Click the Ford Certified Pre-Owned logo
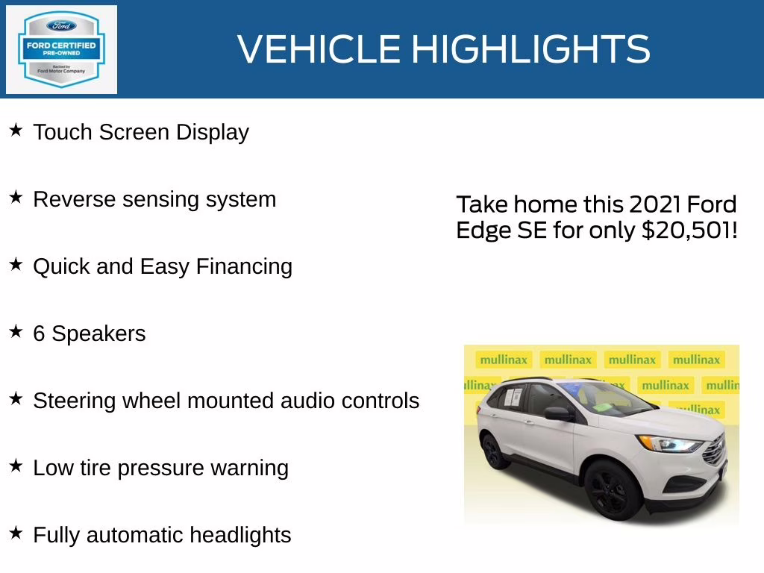point(61,49)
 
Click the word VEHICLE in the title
point(319,50)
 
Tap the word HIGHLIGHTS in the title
point(530,50)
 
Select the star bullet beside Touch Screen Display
point(16,131)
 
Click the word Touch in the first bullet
point(62,133)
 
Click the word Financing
point(244,267)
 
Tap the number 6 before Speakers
point(39,334)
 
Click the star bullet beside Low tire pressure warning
point(16,466)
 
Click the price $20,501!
point(689,231)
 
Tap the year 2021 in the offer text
point(655,204)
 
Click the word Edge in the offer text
point(483,231)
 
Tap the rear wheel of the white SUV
point(494,451)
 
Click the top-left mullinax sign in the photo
point(503,360)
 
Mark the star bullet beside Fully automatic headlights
point(16,533)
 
